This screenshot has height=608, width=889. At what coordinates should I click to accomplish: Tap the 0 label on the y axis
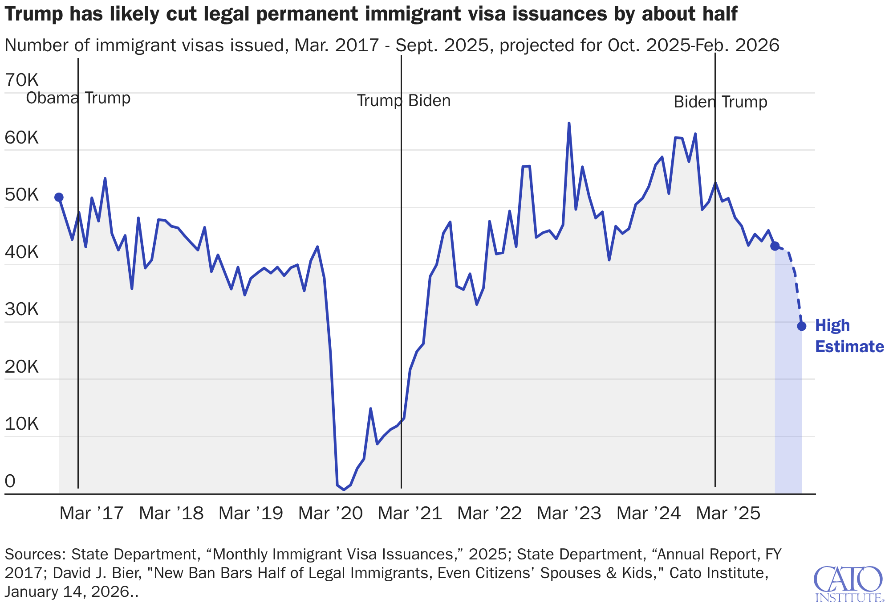pos(10,481)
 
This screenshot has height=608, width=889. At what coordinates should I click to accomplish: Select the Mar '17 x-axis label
pos(91,514)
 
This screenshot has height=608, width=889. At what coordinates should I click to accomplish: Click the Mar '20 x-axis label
pos(330,514)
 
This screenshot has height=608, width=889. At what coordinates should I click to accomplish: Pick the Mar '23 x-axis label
pos(569,514)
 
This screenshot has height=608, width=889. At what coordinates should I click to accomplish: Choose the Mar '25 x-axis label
pos(728,514)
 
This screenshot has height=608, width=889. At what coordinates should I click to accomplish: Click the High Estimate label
pos(848,336)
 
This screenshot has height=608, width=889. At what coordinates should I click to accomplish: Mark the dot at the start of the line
pos(59,197)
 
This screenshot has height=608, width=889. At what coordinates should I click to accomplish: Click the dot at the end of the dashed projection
pos(802,326)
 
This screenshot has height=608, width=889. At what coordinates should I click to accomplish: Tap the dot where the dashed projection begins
pos(775,246)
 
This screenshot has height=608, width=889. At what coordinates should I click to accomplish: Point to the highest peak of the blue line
pos(569,123)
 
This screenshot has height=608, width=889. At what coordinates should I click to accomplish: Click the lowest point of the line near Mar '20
pos(344,490)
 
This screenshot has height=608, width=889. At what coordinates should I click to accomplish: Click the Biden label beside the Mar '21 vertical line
pos(430,101)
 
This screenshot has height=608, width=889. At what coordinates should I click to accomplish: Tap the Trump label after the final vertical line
pos(744,102)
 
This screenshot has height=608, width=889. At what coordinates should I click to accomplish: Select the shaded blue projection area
pos(788,401)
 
